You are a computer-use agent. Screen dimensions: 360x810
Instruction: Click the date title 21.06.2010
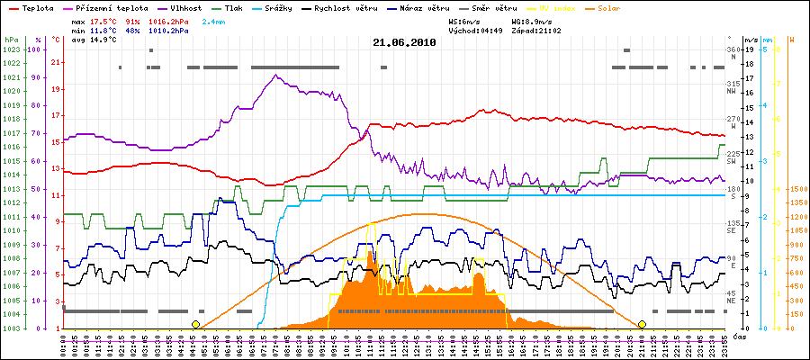[x=404, y=42]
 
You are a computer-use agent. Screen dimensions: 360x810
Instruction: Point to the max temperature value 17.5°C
[x=104, y=20]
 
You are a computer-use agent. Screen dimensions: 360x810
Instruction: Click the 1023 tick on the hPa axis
[x=11, y=49]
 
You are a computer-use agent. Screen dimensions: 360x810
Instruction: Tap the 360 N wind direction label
[x=733, y=53]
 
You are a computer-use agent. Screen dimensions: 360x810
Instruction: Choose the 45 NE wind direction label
[x=733, y=298]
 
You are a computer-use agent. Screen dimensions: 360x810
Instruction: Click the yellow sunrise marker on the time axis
[x=195, y=324]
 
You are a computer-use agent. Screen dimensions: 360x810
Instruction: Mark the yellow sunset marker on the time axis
[x=643, y=324]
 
